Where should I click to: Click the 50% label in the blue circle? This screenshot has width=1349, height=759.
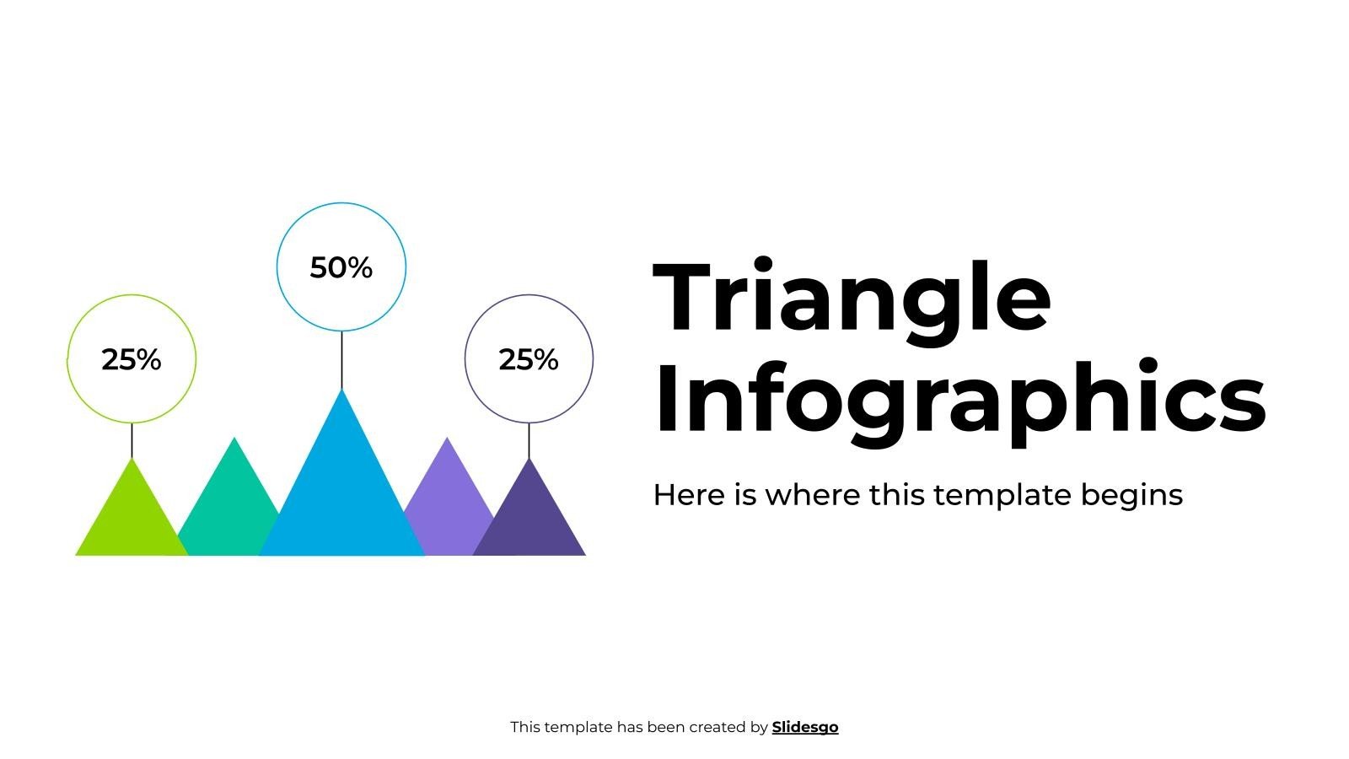click(341, 267)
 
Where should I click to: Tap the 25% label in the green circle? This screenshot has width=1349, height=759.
click(131, 359)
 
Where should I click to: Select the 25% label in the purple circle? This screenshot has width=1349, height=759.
click(529, 359)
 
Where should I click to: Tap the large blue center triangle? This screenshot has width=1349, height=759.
click(341, 498)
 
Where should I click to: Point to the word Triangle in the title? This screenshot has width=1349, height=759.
click(852, 299)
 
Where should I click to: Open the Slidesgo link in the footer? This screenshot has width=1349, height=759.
click(804, 727)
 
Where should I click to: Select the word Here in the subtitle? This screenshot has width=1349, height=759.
click(689, 495)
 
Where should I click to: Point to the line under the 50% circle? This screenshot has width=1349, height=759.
click(341, 360)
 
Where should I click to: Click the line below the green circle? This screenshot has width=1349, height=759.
click(132, 440)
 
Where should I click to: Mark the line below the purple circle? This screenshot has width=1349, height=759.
click(529, 440)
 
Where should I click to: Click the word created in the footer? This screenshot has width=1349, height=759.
click(717, 727)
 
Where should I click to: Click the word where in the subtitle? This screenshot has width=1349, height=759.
click(812, 495)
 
